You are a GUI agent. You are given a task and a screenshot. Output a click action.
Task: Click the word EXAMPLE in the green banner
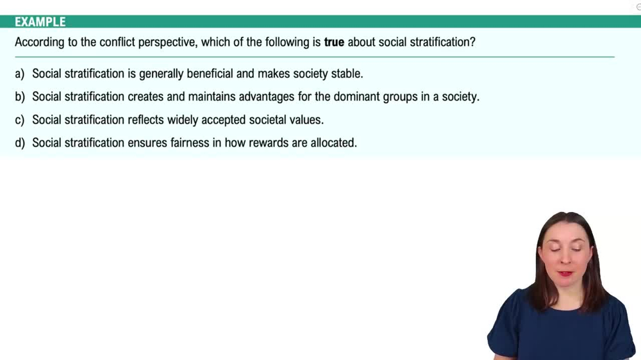(40, 22)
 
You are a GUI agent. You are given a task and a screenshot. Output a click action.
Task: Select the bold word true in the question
(334, 43)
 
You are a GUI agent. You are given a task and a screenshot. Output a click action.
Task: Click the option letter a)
(20, 74)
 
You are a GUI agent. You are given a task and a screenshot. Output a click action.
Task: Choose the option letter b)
(20, 97)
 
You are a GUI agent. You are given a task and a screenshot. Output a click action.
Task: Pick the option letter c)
(20, 120)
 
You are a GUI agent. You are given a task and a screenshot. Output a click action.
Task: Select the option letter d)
(20, 143)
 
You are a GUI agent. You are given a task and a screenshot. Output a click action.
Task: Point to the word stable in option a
(347, 74)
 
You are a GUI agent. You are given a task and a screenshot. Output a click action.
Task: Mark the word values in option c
(306, 120)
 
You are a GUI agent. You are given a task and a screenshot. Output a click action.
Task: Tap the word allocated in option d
(333, 143)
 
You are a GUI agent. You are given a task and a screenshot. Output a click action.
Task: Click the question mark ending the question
(472, 43)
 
